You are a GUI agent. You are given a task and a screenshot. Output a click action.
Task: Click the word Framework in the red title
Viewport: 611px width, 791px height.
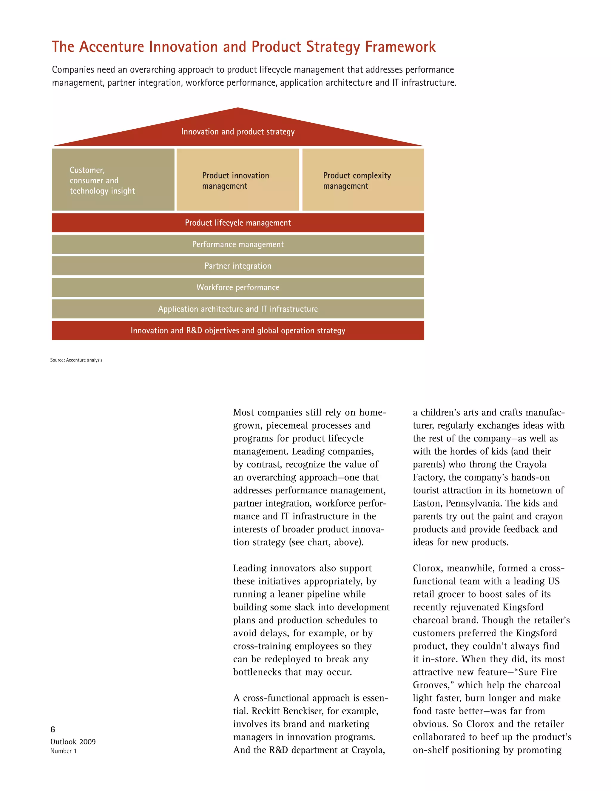[400, 47]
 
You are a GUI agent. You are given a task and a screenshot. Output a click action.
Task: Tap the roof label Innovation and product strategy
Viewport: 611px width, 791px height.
[238, 132]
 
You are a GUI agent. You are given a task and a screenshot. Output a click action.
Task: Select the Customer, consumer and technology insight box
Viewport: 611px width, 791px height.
[113, 180]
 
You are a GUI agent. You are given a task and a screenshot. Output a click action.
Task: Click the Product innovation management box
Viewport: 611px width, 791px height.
[237, 180]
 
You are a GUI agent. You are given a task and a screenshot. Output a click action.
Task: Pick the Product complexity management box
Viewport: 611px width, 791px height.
[363, 180]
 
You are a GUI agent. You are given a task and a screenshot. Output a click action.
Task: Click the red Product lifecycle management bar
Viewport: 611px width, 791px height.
[238, 223]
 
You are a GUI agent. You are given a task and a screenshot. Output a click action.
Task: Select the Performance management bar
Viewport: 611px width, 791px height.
[238, 244]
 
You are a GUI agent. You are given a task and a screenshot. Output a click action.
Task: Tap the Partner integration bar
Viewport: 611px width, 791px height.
[238, 266]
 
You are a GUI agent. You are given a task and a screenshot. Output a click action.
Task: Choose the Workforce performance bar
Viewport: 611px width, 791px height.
[238, 287]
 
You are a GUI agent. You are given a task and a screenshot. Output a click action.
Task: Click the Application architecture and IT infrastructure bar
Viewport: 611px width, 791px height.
[238, 309]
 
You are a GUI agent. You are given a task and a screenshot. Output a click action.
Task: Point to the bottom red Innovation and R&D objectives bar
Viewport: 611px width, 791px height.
[238, 331]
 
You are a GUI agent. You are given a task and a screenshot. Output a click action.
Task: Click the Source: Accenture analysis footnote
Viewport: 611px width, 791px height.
[76, 360]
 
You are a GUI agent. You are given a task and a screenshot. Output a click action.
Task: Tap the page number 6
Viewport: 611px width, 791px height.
[53, 729]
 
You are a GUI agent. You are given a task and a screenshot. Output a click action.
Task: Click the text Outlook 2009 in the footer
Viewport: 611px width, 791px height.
[73, 741]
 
